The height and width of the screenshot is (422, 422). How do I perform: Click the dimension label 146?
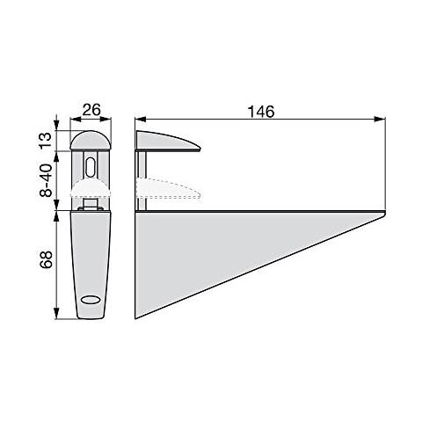[261, 112]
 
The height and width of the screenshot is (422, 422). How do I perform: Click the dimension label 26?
[91, 110]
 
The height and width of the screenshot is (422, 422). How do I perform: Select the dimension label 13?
[46, 141]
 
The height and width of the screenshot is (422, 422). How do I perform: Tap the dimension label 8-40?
[46, 180]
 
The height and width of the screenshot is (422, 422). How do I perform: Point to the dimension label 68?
[46, 259]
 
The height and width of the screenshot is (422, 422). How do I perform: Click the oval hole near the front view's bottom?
[91, 300]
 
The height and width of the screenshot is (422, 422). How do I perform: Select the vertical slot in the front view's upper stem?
[91, 167]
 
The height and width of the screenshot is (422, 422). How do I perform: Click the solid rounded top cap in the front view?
[91, 140]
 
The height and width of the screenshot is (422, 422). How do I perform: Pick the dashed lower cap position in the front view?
[91, 188]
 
